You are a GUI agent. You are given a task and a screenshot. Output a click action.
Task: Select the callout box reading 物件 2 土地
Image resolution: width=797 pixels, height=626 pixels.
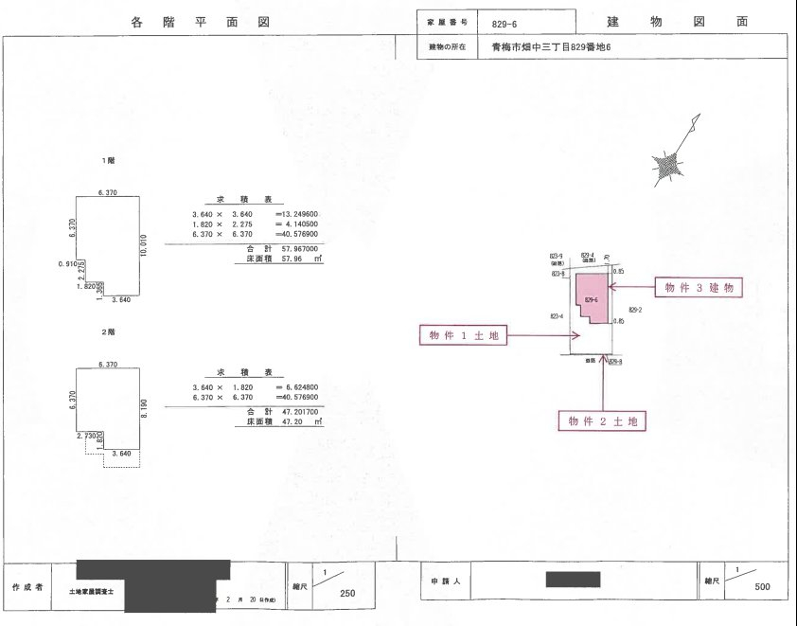coord(607,420)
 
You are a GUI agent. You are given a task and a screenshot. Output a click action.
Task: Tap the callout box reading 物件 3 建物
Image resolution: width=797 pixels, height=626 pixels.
coord(699,287)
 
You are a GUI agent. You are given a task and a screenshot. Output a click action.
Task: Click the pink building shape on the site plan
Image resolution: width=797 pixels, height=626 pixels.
coord(593,295)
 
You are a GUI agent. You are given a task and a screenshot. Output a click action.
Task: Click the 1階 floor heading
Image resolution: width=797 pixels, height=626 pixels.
coord(109,161)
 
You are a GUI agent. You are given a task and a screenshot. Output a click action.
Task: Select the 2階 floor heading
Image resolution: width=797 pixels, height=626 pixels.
coord(109,332)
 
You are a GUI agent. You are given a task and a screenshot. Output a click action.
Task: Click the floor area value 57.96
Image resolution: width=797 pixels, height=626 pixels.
coord(287,257)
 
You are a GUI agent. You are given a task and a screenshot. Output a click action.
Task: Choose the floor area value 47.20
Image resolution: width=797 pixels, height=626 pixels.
coord(287,421)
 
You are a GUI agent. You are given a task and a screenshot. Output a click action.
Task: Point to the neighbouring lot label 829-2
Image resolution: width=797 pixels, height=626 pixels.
coord(633,310)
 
